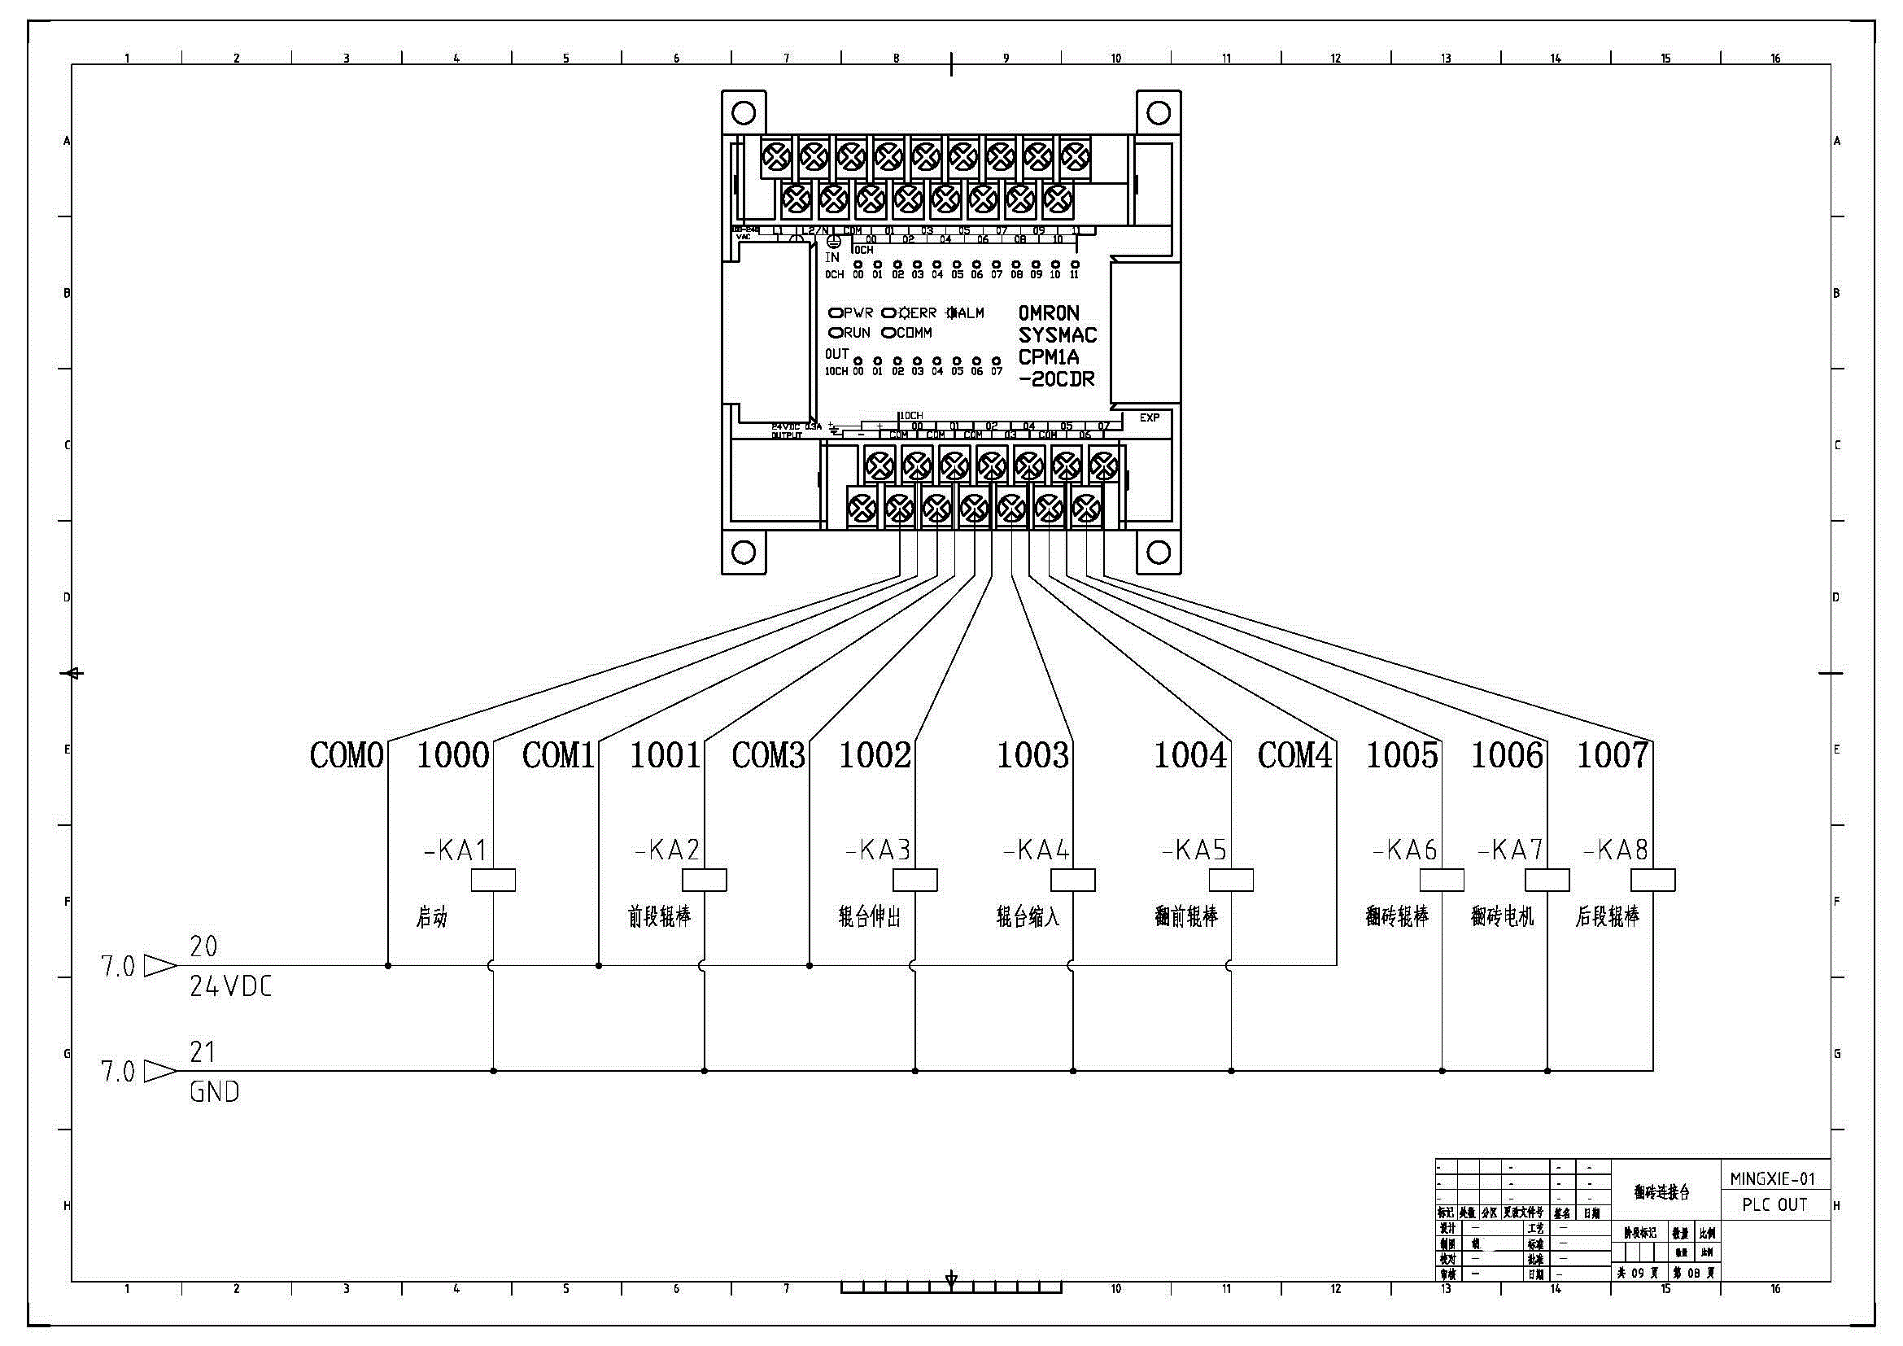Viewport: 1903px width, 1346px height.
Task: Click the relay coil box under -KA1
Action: [x=493, y=881]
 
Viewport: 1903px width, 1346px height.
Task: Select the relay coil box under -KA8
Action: [x=1652, y=881]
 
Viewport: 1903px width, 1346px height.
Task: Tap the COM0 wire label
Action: [x=347, y=755]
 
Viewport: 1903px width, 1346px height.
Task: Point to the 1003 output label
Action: [x=1032, y=755]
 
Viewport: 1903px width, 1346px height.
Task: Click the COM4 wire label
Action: [x=1294, y=755]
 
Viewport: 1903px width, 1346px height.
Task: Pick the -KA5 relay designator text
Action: [x=1194, y=850]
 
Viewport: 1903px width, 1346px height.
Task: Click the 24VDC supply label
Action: [x=230, y=986]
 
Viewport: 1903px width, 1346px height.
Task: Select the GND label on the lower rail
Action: [x=215, y=1091]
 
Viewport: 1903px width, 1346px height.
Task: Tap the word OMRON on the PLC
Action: [x=1049, y=313]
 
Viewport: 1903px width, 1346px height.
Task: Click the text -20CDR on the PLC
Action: [x=1057, y=379]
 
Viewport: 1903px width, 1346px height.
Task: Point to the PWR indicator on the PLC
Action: [x=851, y=313]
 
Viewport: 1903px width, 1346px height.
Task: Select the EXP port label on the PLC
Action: [x=1149, y=417]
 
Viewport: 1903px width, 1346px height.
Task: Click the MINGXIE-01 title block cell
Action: [x=1774, y=1178]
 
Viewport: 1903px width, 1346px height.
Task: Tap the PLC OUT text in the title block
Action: [x=1774, y=1205]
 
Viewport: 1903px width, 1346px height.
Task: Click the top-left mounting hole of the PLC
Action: [x=744, y=113]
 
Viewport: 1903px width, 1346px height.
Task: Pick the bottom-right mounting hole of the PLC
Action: [x=1158, y=552]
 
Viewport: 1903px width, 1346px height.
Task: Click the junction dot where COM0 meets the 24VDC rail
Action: [x=388, y=966]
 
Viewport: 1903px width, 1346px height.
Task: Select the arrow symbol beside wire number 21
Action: [x=160, y=1072]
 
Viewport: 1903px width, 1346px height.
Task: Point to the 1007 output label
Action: [x=1612, y=755]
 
